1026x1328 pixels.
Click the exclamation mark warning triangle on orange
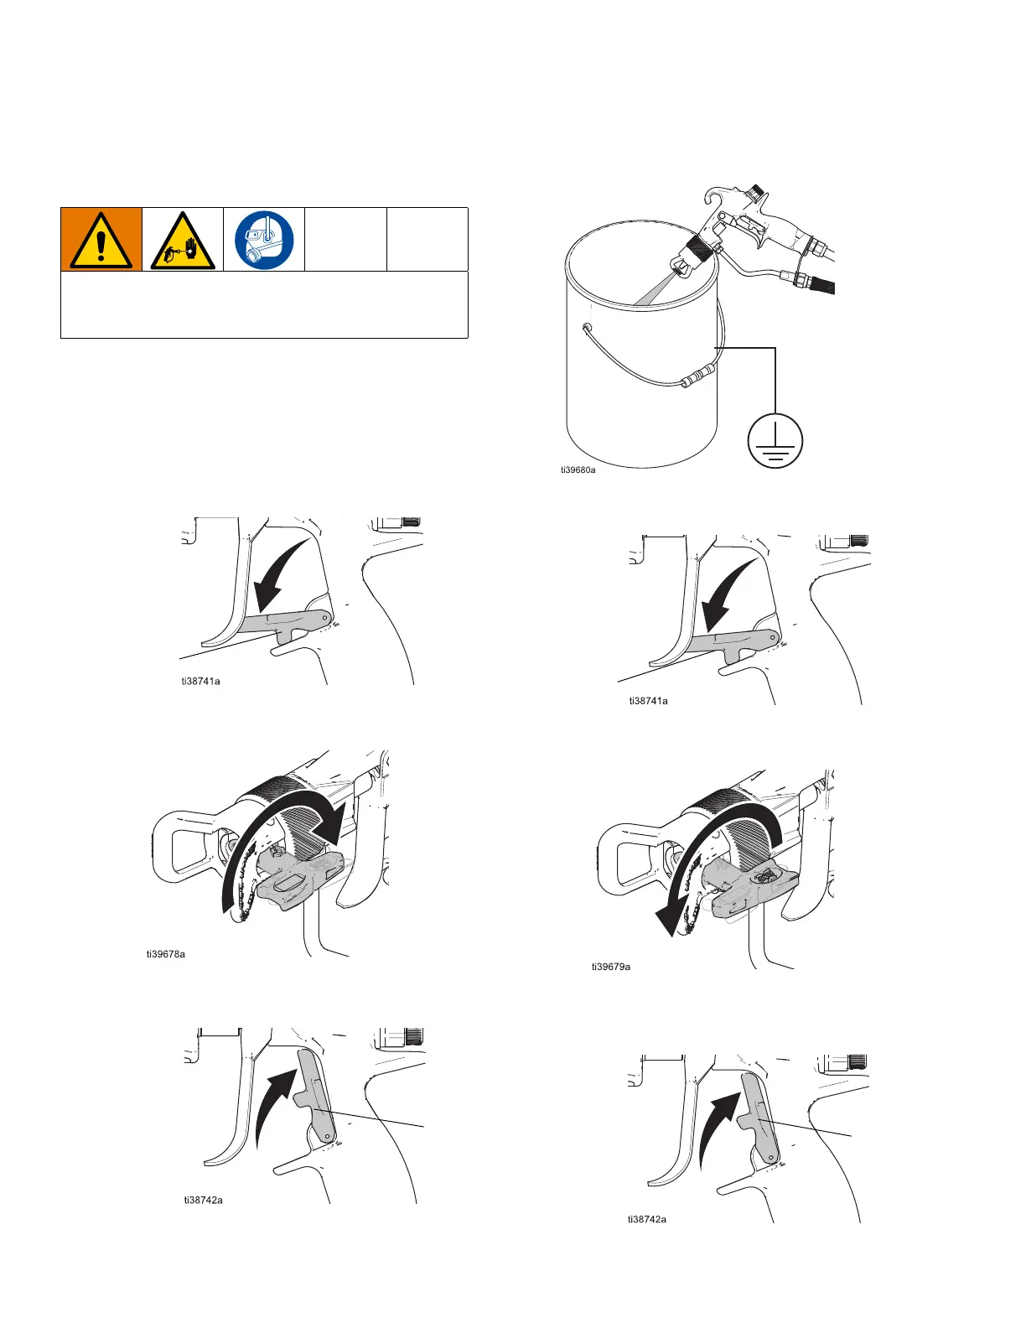click(101, 240)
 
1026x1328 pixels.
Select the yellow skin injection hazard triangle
click(182, 241)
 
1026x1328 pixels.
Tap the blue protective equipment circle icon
click(264, 240)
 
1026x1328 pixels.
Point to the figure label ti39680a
click(578, 470)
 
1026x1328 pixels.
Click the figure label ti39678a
click(166, 953)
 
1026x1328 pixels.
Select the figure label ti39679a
click(611, 967)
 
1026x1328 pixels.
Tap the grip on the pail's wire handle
click(696, 375)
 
